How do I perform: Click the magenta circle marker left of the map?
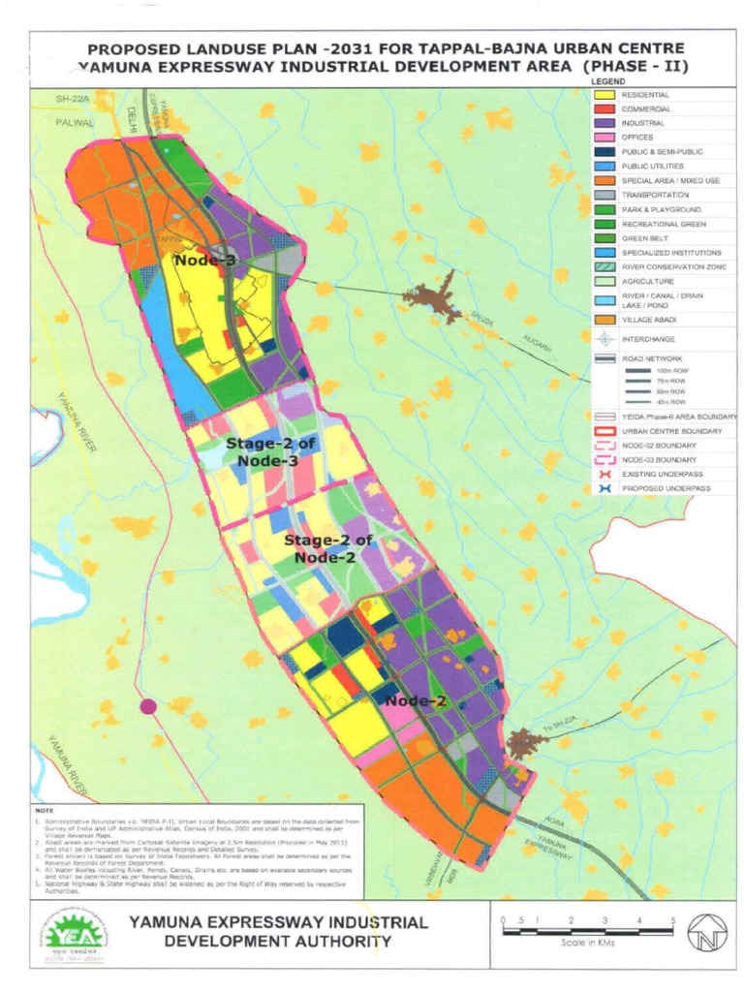(148, 706)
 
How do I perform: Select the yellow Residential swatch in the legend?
(605, 95)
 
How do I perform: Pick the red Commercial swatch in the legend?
(605, 109)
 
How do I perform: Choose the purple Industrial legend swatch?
(605, 123)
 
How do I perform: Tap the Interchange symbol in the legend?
(605, 339)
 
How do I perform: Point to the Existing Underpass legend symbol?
(605, 474)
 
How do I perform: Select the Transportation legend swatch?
(605, 195)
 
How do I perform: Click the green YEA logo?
(77, 933)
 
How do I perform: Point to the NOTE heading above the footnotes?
(44, 809)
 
